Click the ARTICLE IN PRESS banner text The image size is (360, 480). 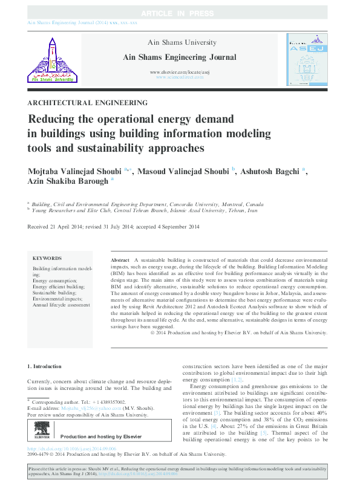coord(180,13)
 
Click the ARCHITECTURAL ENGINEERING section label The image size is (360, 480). coord(88,103)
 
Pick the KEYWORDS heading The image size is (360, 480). coord(47,258)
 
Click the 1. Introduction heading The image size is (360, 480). coord(45,366)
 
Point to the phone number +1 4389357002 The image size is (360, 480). coord(109,402)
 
